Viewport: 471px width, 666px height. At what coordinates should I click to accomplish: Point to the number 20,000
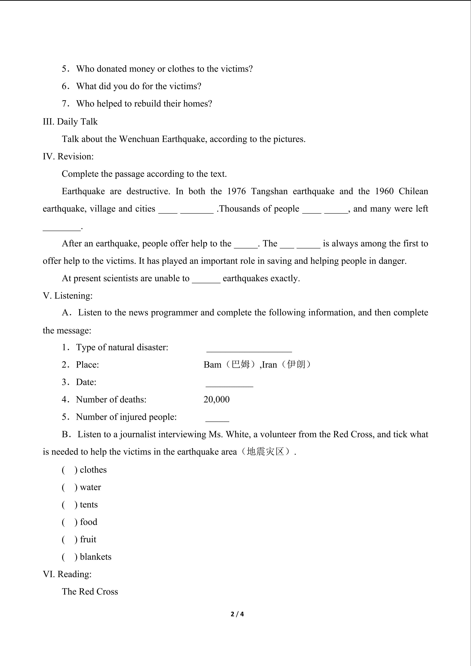pyautogui.click(x=216, y=400)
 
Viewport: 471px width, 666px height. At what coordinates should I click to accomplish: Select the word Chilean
pyautogui.click(x=413, y=191)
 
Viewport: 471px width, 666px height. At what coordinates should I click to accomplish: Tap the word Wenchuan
pyautogui.click(x=139, y=139)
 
